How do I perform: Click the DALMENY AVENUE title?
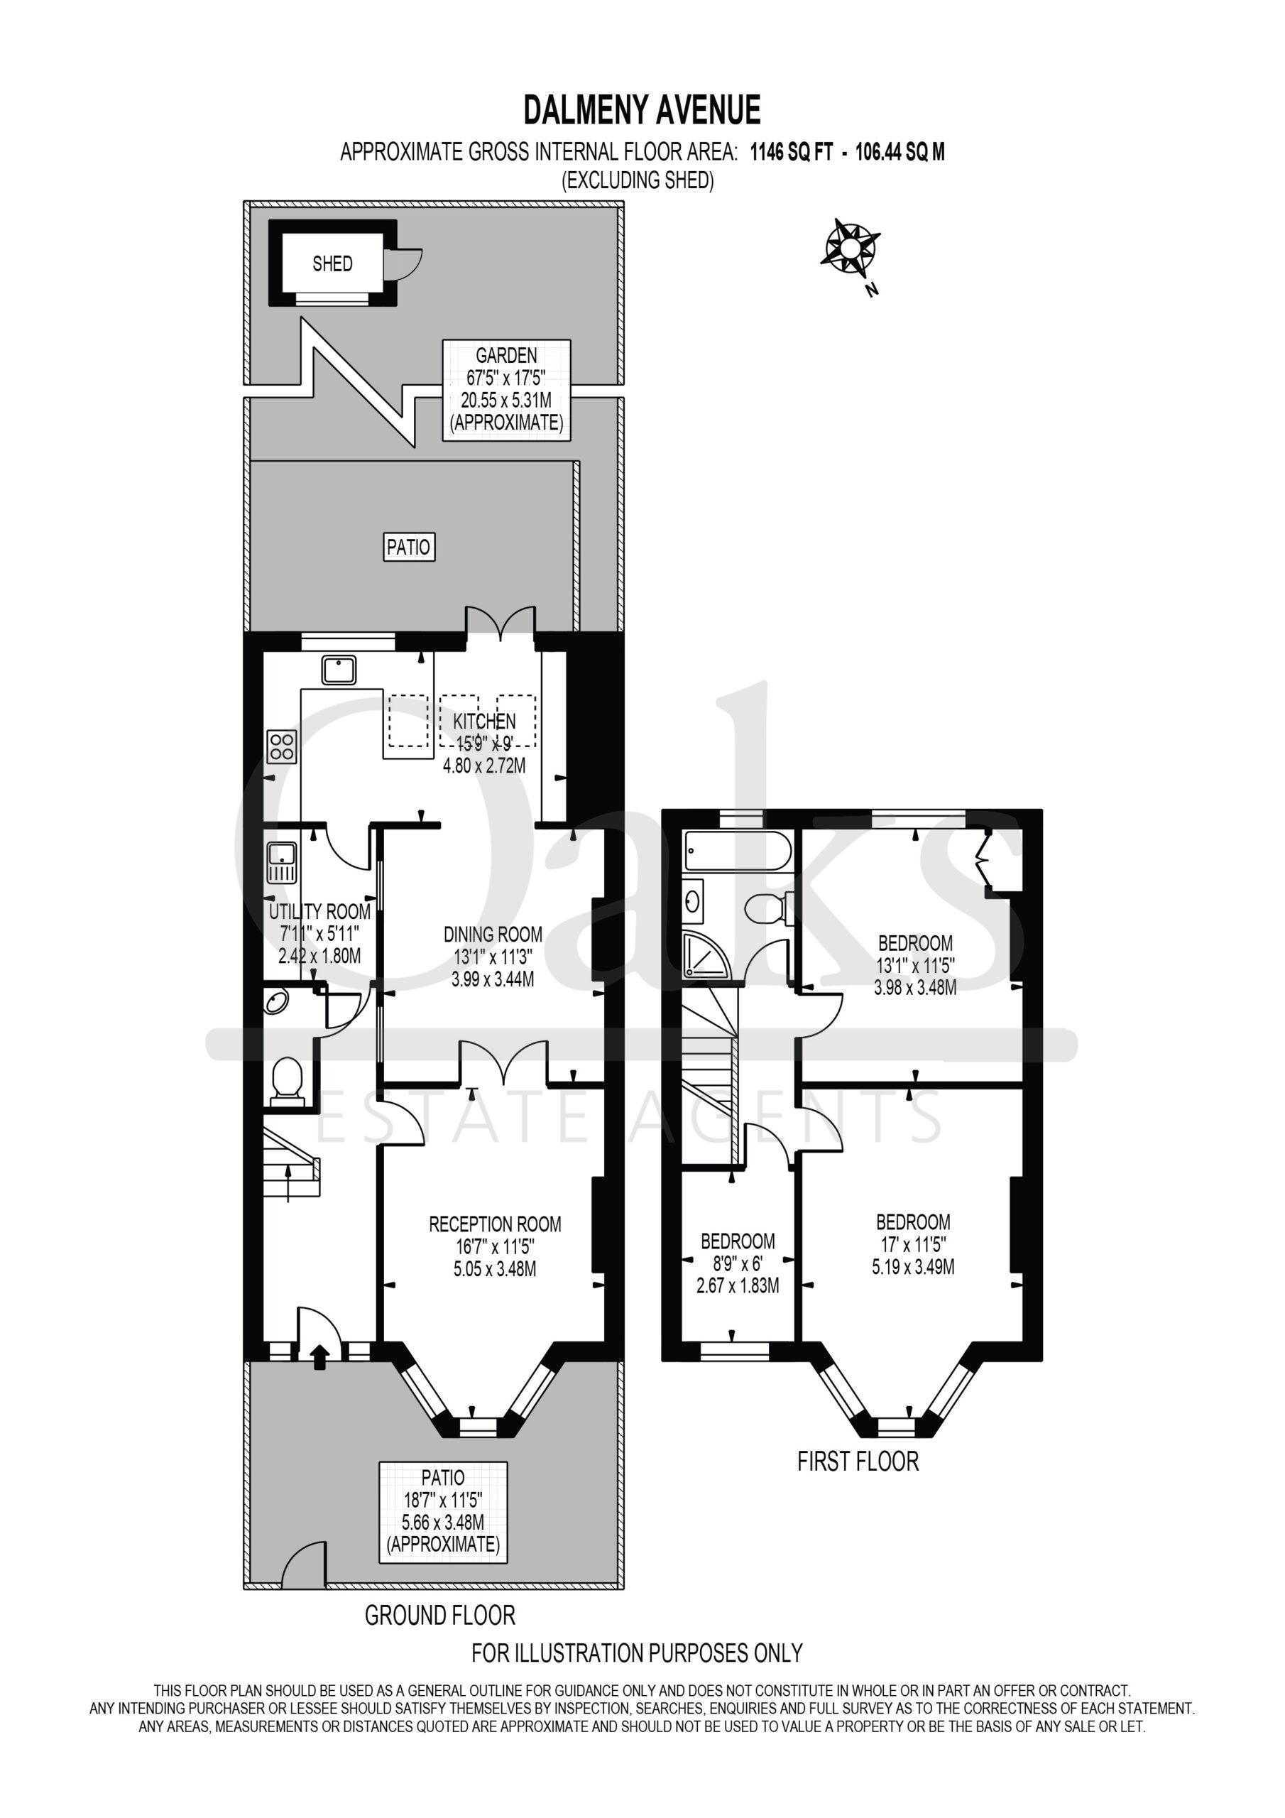[642, 110]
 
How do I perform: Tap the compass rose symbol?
[851, 249]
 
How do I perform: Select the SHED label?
[332, 263]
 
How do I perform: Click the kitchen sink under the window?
[339, 670]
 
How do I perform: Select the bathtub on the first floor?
[737, 851]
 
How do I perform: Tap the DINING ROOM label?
[493, 935]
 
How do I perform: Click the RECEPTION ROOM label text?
[495, 1224]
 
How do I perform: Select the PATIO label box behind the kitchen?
[408, 547]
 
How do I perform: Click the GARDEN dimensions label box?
[507, 390]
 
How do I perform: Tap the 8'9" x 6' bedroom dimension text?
[737, 1264]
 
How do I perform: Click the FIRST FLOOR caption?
[858, 1462]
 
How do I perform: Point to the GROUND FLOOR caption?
[440, 1616]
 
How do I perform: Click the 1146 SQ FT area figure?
[792, 152]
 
